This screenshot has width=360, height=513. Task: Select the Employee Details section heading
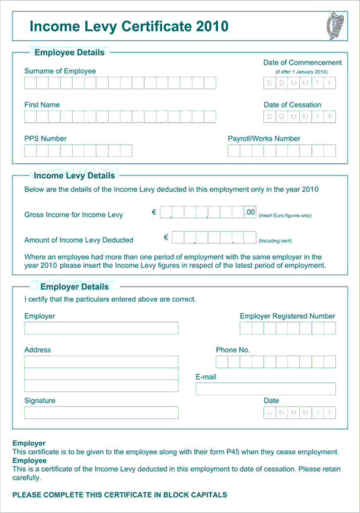coord(70,53)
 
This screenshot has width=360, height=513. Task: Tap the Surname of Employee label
coord(60,71)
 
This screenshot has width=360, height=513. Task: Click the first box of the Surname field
coord(31,83)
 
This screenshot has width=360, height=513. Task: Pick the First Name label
coord(42,105)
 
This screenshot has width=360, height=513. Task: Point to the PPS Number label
coord(46,139)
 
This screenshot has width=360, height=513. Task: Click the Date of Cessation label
coord(293,105)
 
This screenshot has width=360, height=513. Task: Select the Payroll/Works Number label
coord(264,139)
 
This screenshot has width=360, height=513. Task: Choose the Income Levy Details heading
coord(74,176)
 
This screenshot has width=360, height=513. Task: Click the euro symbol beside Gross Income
coord(154,212)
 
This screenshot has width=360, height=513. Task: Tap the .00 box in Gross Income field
coord(250,213)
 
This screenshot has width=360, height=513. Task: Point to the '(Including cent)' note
coord(275,241)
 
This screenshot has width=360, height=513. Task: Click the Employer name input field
coord(101,328)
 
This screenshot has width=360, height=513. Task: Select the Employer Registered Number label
coord(288,316)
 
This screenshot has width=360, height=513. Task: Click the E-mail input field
coord(266,389)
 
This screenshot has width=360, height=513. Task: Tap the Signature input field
coord(101,412)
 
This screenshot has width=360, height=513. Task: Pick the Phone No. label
coord(233,350)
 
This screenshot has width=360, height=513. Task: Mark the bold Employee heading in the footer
coord(29,461)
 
